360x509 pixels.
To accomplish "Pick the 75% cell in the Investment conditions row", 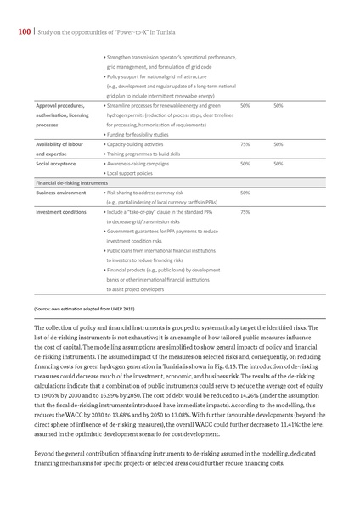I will tap(245, 211).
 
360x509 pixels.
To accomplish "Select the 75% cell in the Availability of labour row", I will tap(245, 144).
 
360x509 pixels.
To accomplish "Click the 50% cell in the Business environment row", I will tap(245, 193).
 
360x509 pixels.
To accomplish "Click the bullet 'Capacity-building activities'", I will tap(136, 144).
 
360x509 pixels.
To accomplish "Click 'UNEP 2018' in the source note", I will tap(110, 311).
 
